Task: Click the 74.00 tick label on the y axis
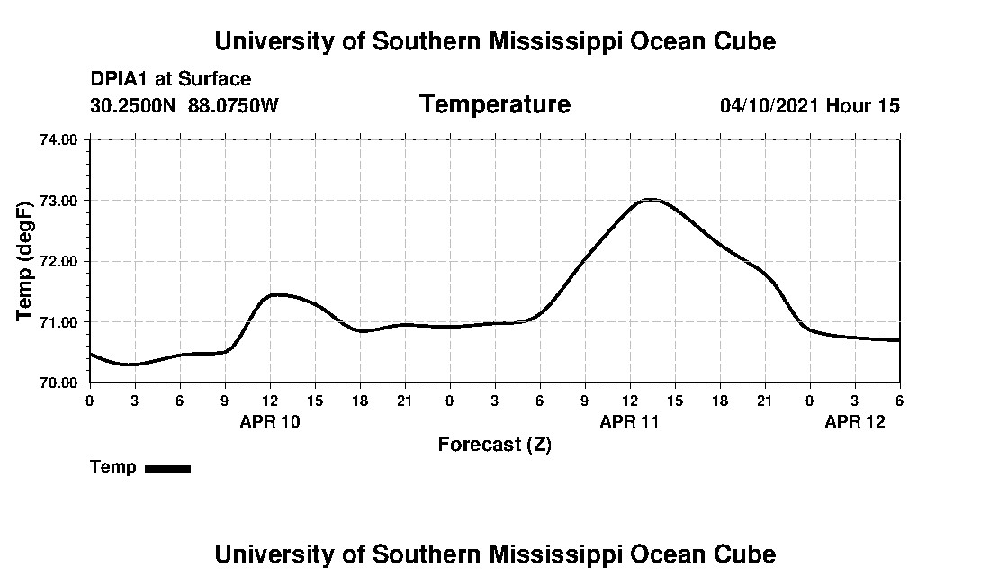point(58,139)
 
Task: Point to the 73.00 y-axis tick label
point(58,200)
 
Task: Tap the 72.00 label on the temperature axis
point(58,261)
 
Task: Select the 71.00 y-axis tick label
point(58,321)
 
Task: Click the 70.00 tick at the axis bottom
point(58,382)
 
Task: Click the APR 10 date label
point(270,421)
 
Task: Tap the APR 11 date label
point(630,421)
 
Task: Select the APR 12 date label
point(855,421)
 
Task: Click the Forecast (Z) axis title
point(495,445)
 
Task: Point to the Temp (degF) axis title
point(26,261)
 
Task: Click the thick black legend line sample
point(167,468)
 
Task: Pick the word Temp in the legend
point(113,467)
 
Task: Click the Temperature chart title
point(495,105)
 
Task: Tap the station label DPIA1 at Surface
point(171,79)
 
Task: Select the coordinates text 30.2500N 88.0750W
point(184,106)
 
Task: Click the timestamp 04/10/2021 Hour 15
point(810,106)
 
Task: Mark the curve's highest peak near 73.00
point(651,199)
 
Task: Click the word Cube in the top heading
point(746,41)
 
